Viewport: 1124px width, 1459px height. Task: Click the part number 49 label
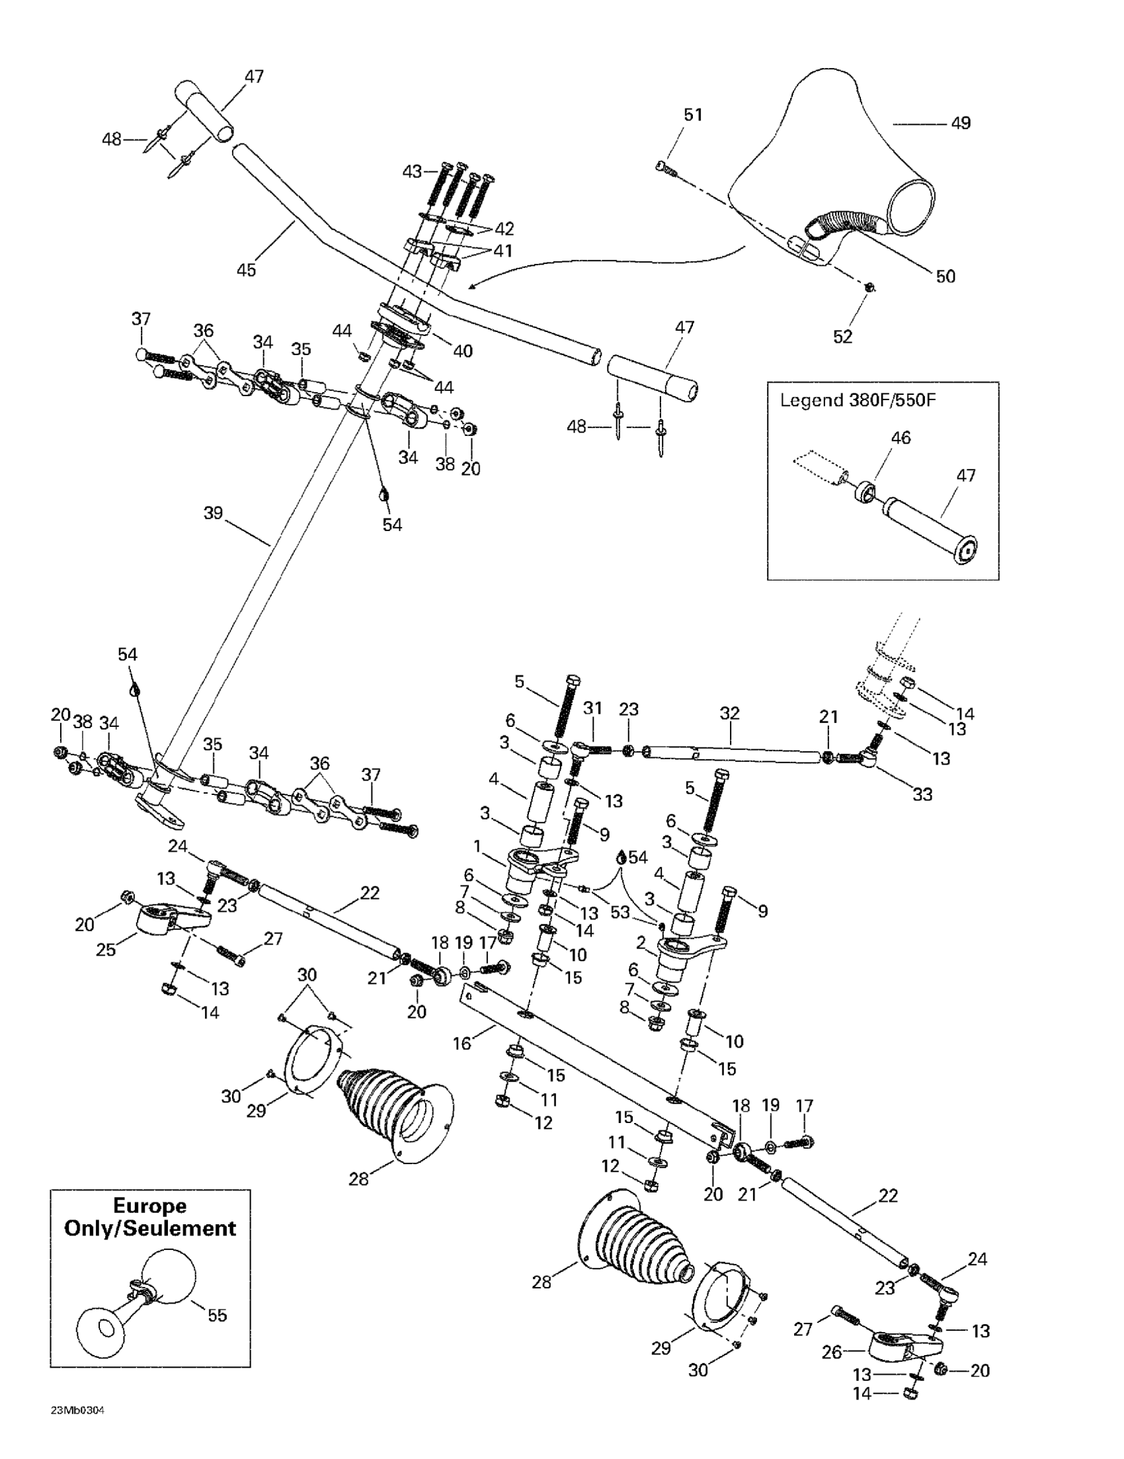pyautogui.click(x=961, y=123)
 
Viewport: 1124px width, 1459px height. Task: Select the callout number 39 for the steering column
pyautogui.click(x=213, y=513)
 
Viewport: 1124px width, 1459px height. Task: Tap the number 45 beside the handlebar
pyautogui.click(x=247, y=269)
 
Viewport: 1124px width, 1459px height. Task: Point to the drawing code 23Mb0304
pyautogui.click(x=77, y=1411)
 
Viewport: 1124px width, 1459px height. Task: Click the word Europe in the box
pyautogui.click(x=149, y=1204)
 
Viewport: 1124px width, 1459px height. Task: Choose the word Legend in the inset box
pyautogui.click(x=811, y=401)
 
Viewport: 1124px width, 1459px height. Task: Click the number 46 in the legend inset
pyautogui.click(x=901, y=438)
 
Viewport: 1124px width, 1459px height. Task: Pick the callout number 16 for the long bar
pyautogui.click(x=462, y=1043)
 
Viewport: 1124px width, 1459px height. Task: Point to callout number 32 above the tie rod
pyautogui.click(x=730, y=713)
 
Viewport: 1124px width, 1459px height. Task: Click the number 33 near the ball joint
pyautogui.click(x=922, y=794)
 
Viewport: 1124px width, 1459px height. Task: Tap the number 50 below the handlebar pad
pyautogui.click(x=945, y=276)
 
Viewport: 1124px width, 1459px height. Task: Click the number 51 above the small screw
pyautogui.click(x=693, y=115)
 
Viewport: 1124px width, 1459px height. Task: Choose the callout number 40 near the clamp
pyautogui.click(x=463, y=351)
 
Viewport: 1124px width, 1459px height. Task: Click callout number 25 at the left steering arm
pyautogui.click(x=106, y=948)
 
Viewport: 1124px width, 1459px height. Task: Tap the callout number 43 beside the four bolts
pyautogui.click(x=412, y=172)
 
